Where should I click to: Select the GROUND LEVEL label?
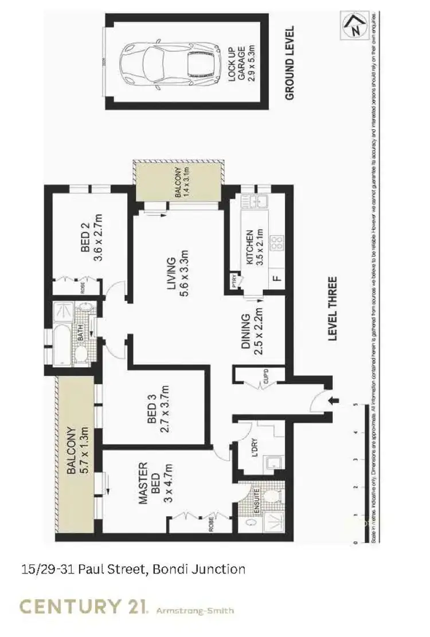290,63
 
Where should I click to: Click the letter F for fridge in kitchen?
277,280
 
